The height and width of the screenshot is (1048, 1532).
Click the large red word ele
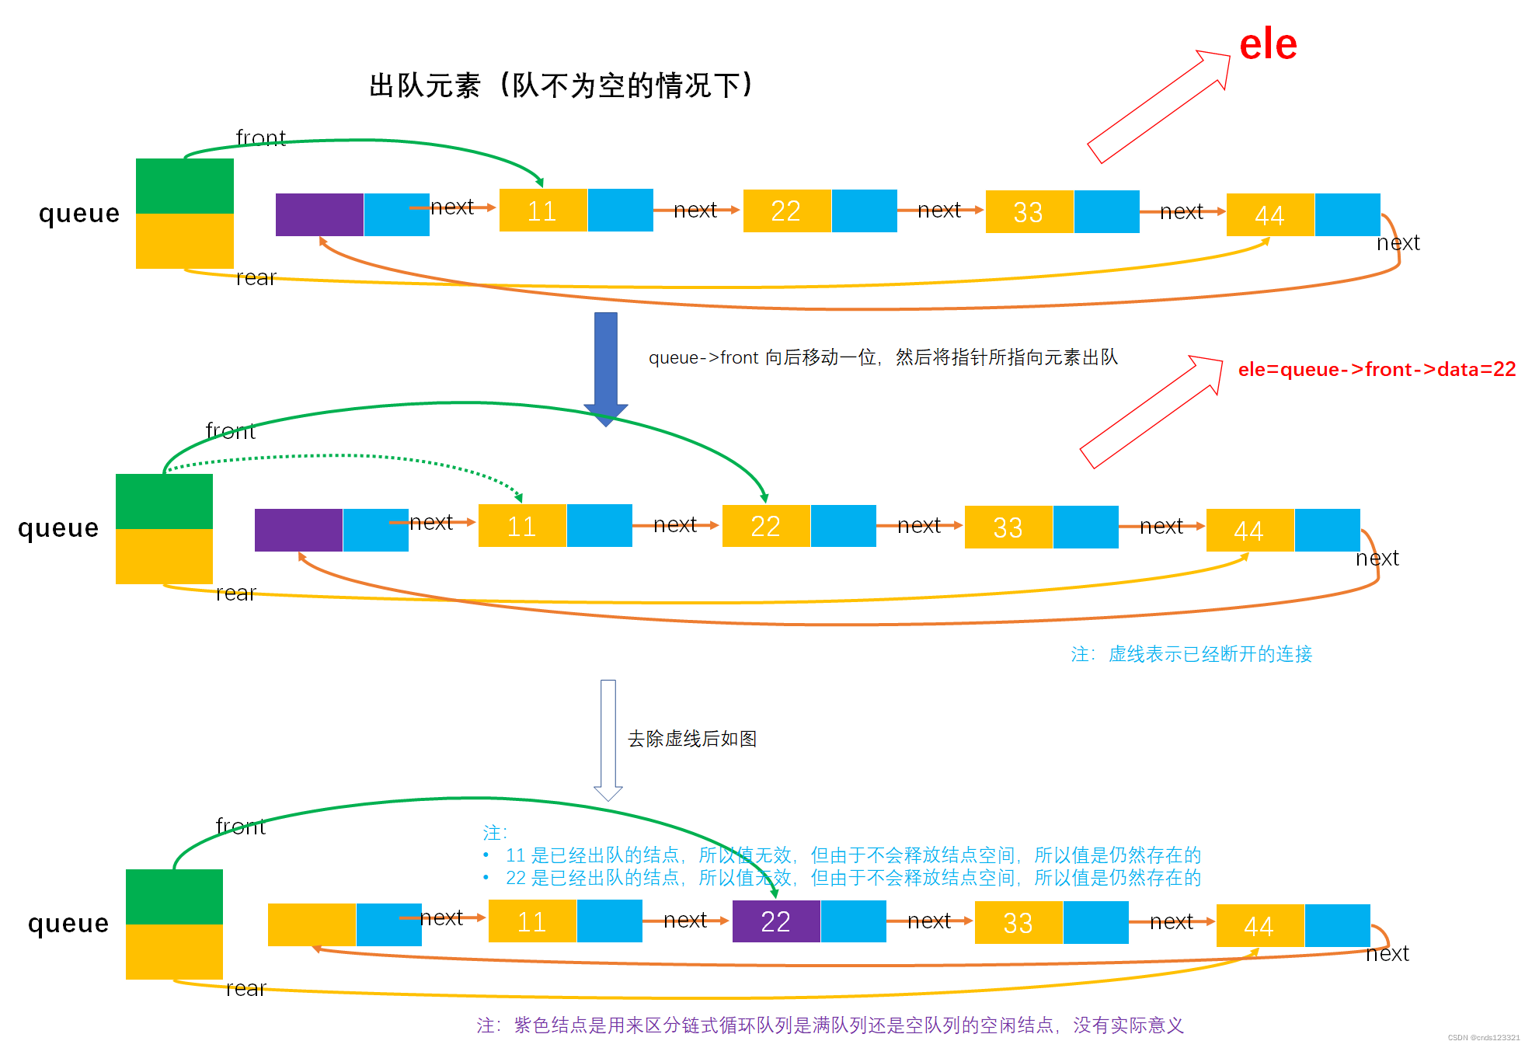click(x=1268, y=45)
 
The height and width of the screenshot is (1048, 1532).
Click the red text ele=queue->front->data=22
click(x=1377, y=369)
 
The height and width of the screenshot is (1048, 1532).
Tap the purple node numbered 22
click(x=775, y=921)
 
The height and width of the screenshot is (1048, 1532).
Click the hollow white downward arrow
click(x=608, y=738)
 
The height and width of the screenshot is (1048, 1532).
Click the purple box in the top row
click(x=319, y=214)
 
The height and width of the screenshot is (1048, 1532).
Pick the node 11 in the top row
click(x=542, y=211)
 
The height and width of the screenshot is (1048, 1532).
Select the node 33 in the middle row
click(x=1008, y=527)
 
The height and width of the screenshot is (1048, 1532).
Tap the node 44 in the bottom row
click(x=1259, y=925)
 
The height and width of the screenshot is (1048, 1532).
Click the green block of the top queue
click(x=185, y=186)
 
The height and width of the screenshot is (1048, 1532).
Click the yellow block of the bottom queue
click(x=174, y=951)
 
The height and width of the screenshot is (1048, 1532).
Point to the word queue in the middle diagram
click(x=58, y=528)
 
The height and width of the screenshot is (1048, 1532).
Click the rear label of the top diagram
click(x=256, y=278)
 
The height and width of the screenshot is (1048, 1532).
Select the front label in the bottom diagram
click(x=240, y=827)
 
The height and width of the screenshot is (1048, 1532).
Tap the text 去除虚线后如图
click(x=691, y=739)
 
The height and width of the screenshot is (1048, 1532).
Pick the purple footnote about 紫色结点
click(x=830, y=1025)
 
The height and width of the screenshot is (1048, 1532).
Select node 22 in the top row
click(x=786, y=211)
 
